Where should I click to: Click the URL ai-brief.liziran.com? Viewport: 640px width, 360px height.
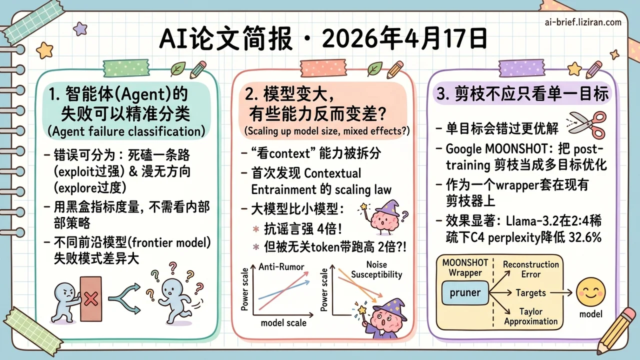tap(583, 22)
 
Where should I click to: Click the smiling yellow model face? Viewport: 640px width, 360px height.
tap(590, 293)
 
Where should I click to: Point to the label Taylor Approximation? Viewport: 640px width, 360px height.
tap(530, 316)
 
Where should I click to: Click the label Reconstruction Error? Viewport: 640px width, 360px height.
tap(530, 269)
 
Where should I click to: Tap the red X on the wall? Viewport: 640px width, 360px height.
tap(91, 299)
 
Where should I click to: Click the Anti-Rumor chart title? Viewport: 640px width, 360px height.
tap(281, 266)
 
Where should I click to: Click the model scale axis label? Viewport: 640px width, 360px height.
tap(283, 322)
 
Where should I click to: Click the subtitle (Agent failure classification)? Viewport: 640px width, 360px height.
tap(127, 131)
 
